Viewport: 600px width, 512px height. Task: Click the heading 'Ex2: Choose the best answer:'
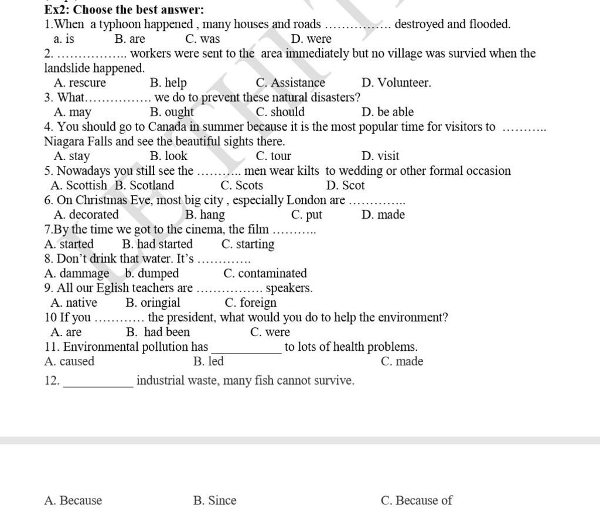(124, 9)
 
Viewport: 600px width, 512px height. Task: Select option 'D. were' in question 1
(311, 39)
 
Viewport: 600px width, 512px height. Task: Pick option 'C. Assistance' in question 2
(290, 83)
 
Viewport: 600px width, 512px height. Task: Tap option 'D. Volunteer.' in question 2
(396, 83)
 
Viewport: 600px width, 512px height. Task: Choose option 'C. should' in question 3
(280, 112)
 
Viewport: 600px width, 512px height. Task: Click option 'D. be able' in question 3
(387, 112)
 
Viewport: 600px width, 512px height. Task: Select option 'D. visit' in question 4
(380, 156)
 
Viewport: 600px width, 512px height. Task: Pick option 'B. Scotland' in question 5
(144, 185)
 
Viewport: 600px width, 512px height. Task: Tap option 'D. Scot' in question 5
(345, 185)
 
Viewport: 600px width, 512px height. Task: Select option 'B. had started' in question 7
(157, 244)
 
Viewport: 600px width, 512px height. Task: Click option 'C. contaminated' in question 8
(265, 273)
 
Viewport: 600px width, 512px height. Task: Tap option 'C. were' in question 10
(270, 332)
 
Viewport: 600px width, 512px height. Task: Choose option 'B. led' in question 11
(208, 361)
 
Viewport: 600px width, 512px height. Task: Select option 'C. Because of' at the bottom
(416, 500)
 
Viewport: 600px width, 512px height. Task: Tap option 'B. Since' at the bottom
(214, 500)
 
